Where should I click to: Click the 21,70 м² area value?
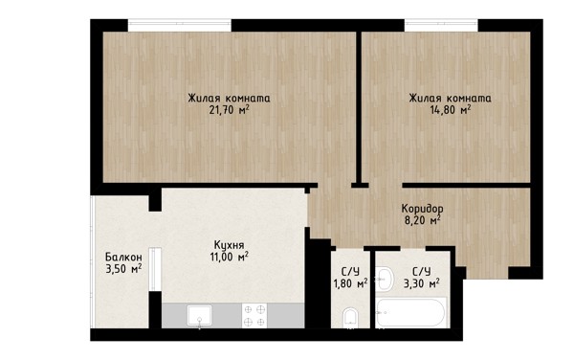click(230, 109)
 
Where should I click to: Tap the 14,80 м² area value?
click(451, 109)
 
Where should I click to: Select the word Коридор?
click(423, 209)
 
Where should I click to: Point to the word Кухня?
click(230, 245)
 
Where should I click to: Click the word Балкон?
click(123, 257)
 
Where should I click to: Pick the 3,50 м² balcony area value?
click(123, 269)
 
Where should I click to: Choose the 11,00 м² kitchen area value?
click(230, 257)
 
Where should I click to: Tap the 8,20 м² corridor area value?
click(422, 220)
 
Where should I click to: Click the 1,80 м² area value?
click(350, 283)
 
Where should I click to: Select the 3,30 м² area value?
click(421, 283)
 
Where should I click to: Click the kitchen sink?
click(200, 316)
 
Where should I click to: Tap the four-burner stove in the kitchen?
click(254, 316)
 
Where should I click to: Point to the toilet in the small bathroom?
click(351, 318)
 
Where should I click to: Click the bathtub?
click(411, 313)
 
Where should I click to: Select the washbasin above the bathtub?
click(384, 279)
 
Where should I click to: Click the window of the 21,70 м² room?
click(180, 26)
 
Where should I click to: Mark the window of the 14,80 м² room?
click(441, 26)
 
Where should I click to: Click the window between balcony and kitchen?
click(155, 270)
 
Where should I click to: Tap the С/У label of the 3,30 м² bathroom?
click(421, 272)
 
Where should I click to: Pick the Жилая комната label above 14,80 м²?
click(450, 99)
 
